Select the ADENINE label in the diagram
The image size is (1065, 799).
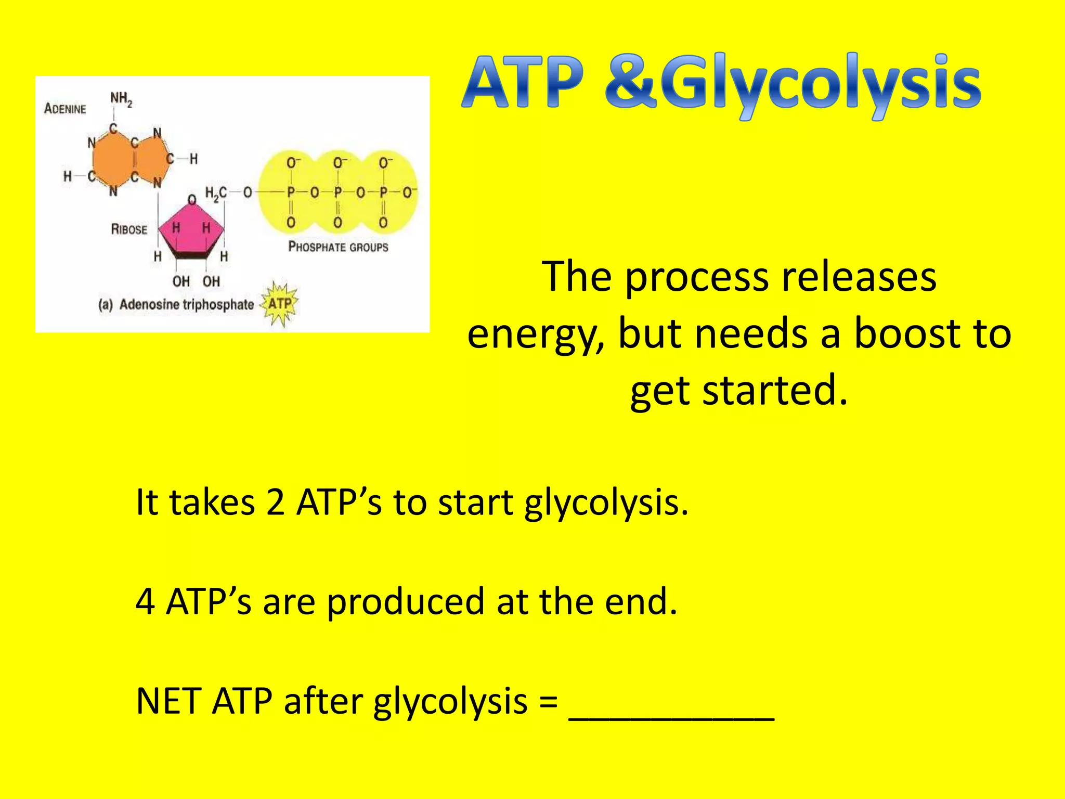tap(65, 109)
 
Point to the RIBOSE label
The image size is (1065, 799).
tap(129, 229)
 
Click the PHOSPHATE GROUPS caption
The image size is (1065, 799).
tap(338, 247)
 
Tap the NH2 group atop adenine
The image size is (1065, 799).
tap(121, 99)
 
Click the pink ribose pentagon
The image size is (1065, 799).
tap(191, 229)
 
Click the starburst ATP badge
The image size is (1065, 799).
tap(280, 304)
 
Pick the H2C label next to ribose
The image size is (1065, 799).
tap(215, 194)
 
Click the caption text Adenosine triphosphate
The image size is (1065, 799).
tap(186, 304)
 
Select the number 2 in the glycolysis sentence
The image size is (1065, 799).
tap(275, 502)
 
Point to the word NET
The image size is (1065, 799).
tap(168, 701)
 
